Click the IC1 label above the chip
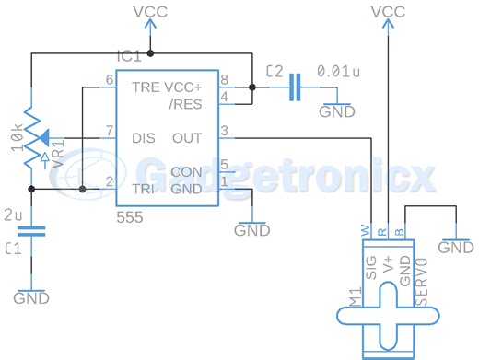129,56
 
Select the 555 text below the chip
130,217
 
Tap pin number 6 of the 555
110,80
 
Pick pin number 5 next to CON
224,165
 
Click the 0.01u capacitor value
338,70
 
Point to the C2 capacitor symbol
294,88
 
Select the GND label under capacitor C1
33,298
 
